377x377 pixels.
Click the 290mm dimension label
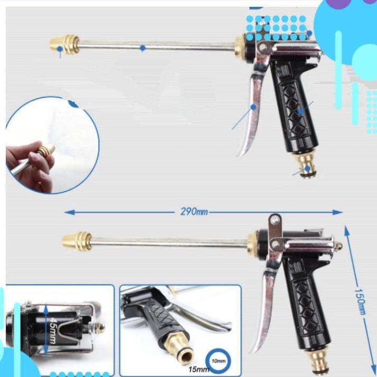coord(194,212)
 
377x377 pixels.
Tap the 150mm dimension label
coord(360,301)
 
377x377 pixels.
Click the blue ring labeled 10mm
coord(219,361)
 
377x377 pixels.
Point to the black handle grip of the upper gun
coord(294,106)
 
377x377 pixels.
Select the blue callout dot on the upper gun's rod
coord(143,48)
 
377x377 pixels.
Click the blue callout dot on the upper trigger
coord(253,107)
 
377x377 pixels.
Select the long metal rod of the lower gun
coord(169,243)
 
